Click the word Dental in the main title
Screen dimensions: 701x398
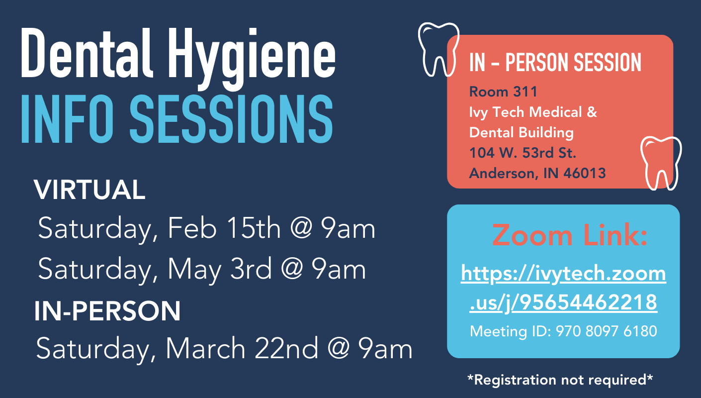(x=87, y=53)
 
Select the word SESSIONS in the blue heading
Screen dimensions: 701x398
(x=231, y=119)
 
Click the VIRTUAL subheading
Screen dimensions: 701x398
(x=89, y=190)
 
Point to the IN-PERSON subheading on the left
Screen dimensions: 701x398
(x=107, y=310)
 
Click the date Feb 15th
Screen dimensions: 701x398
(x=224, y=228)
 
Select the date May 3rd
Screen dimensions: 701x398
(x=220, y=269)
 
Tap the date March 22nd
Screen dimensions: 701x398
(x=242, y=349)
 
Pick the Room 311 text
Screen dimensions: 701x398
(x=503, y=92)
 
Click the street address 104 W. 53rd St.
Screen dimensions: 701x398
(x=523, y=153)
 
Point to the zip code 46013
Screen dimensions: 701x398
(x=585, y=173)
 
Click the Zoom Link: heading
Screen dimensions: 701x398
(x=570, y=235)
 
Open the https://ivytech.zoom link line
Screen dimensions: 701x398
(x=563, y=273)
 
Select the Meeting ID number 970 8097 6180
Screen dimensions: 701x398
(x=607, y=331)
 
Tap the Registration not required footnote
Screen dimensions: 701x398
(x=560, y=380)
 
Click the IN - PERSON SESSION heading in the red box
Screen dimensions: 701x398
(x=555, y=62)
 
